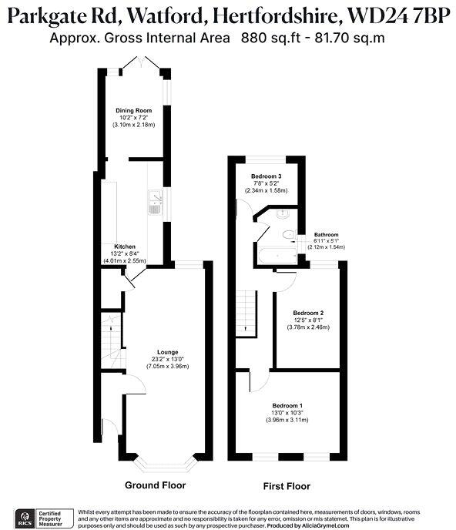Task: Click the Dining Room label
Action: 135,110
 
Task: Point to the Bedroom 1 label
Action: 287,405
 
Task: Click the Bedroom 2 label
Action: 308,312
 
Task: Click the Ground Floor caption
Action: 155,485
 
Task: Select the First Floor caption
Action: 286,486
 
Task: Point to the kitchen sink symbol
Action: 154,202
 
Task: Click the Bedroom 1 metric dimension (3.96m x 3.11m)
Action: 287,420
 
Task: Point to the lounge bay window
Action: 167,466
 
